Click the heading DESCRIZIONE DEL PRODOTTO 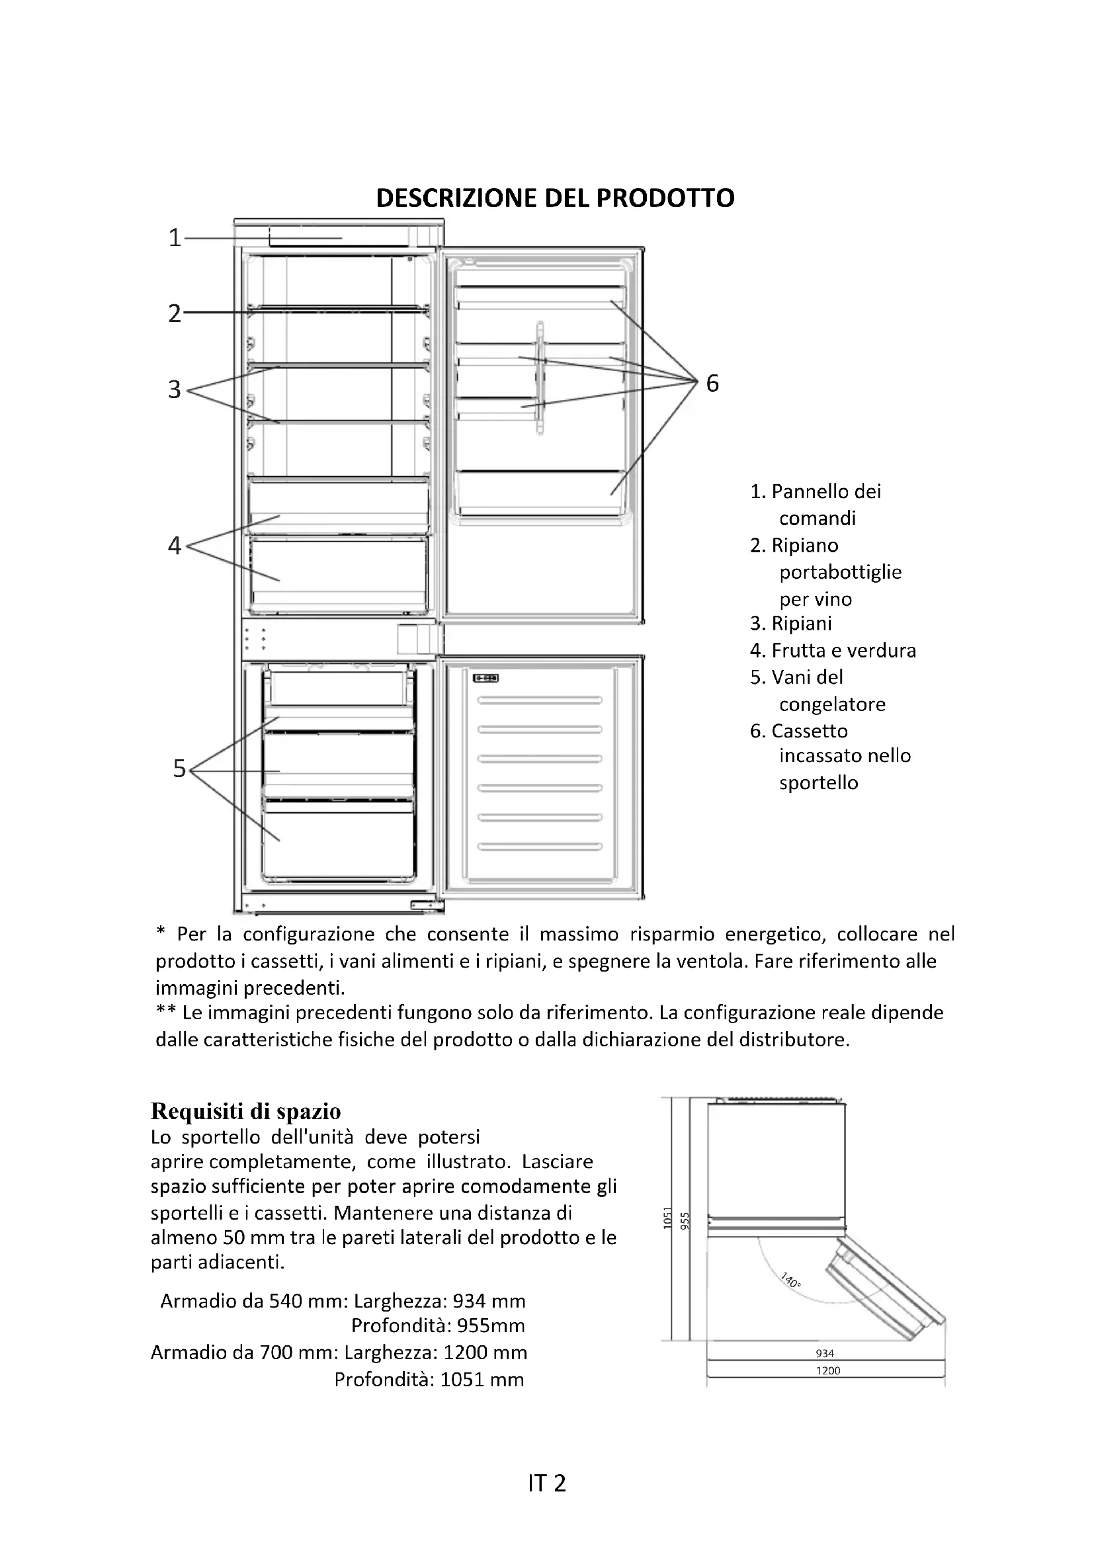(555, 198)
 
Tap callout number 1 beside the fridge (175, 238)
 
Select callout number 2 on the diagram (175, 314)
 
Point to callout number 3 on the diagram (175, 390)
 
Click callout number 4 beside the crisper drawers (175, 545)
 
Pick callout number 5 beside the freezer (179, 769)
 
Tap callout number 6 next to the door (712, 384)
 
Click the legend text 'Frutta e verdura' (843, 651)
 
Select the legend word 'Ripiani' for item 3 (802, 624)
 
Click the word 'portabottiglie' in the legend (840, 573)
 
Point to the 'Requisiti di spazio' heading (246, 1111)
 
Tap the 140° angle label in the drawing (791, 1280)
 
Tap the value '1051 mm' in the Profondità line (482, 1380)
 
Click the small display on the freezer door (485, 679)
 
